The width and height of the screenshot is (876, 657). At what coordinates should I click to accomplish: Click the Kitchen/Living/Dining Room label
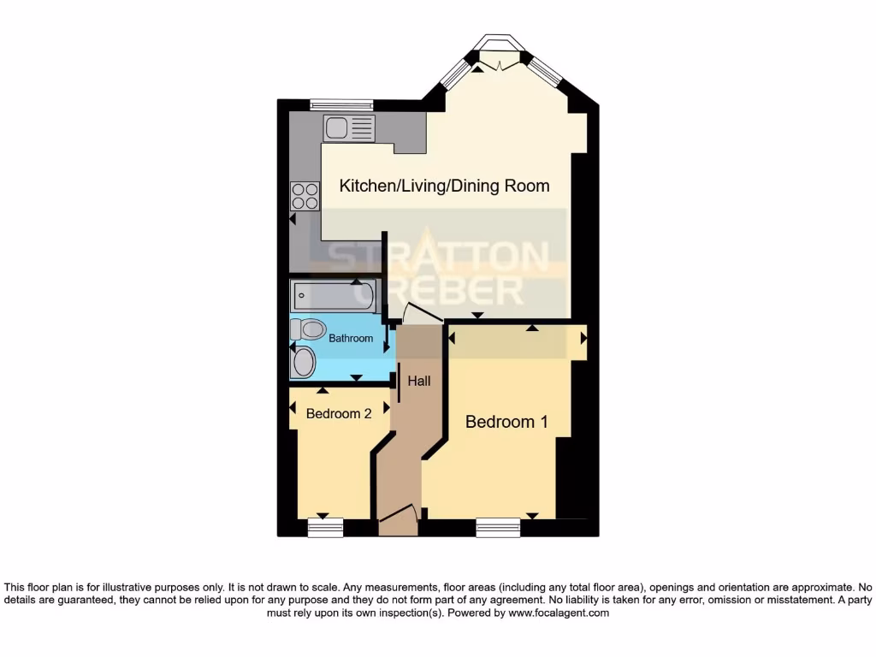tap(444, 186)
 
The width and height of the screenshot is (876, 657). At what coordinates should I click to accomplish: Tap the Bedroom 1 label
tap(506, 422)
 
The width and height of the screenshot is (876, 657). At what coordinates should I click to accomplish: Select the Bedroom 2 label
tap(339, 413)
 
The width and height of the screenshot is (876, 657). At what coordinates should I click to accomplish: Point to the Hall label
tap(419, 382)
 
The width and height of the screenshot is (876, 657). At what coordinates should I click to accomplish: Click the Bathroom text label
tap(352, 338)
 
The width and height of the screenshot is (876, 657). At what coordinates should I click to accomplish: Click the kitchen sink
tap(349, 129)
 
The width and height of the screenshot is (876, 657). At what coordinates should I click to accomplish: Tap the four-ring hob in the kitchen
tap(305, 197)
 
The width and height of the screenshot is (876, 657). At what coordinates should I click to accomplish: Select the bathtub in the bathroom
tap(332, 296)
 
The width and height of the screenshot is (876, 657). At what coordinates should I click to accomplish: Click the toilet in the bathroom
tap(308, 329)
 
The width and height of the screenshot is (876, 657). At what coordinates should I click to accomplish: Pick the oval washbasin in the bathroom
tap(303, 362)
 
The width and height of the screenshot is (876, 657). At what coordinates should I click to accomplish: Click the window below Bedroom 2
tap(325, 528)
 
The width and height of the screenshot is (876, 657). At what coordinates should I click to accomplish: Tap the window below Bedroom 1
tap(498, 528)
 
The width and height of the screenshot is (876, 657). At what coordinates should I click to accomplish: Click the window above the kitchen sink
tap(341, 104)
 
